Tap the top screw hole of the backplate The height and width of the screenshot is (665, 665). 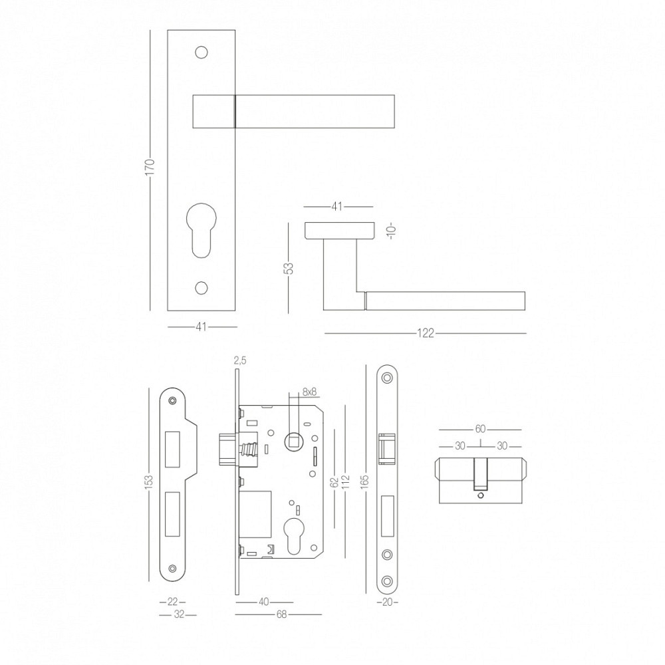click(201, 52)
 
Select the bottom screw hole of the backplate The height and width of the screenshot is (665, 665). click(201, 288)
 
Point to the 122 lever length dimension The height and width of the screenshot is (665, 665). click(426, 333)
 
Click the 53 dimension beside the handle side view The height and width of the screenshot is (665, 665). click(289, 269)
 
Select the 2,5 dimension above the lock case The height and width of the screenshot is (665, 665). click(239, 361)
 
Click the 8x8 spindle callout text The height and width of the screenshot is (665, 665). click(310, 392)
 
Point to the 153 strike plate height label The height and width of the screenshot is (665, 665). click(149, 483)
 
